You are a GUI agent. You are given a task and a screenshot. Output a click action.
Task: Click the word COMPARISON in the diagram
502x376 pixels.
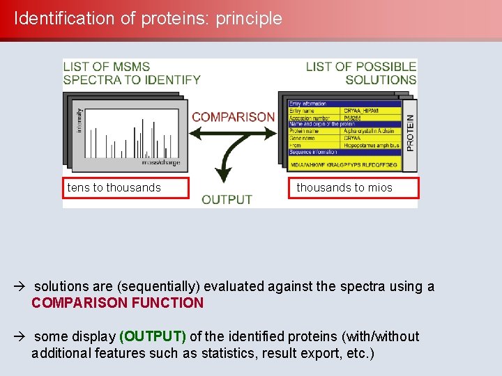(x=233, y=117)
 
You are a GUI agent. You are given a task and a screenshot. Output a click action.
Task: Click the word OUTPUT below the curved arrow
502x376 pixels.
(x=227, y=200)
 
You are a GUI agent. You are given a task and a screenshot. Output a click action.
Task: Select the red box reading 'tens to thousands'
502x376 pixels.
(x=125, y=188)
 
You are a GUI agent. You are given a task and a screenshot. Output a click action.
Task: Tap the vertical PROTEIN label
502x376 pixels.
(x=410, y=133)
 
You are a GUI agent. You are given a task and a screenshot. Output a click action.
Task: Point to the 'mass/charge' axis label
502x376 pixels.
(x=160, y=162)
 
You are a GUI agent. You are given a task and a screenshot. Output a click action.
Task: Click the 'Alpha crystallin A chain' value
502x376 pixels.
(x=369, y=131)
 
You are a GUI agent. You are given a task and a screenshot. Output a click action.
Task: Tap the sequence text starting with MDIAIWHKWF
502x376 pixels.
(x=344, y=164)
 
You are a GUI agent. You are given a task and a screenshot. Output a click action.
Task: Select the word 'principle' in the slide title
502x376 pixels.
(x=249, y=19)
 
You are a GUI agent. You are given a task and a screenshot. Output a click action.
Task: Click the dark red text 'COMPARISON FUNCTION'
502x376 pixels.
(x=117, y=303)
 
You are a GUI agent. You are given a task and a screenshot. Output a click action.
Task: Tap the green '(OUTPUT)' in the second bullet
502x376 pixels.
(x=153, y=336)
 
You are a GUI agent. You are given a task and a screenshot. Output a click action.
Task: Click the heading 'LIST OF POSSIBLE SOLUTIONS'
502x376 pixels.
(x=361, y=72)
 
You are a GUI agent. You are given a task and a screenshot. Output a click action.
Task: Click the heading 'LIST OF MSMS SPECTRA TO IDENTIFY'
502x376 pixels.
(x=131, y=72)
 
